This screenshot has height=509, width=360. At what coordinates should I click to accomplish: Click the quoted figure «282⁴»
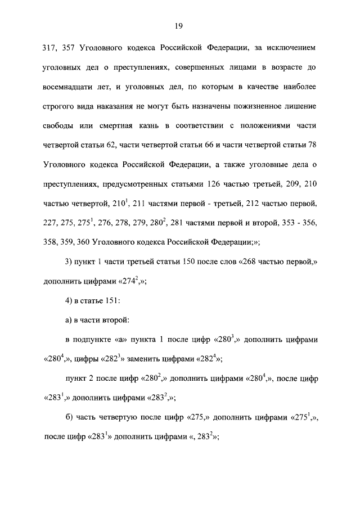coord(206,360)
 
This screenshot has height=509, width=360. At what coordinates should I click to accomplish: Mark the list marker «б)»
coord(70,419)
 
